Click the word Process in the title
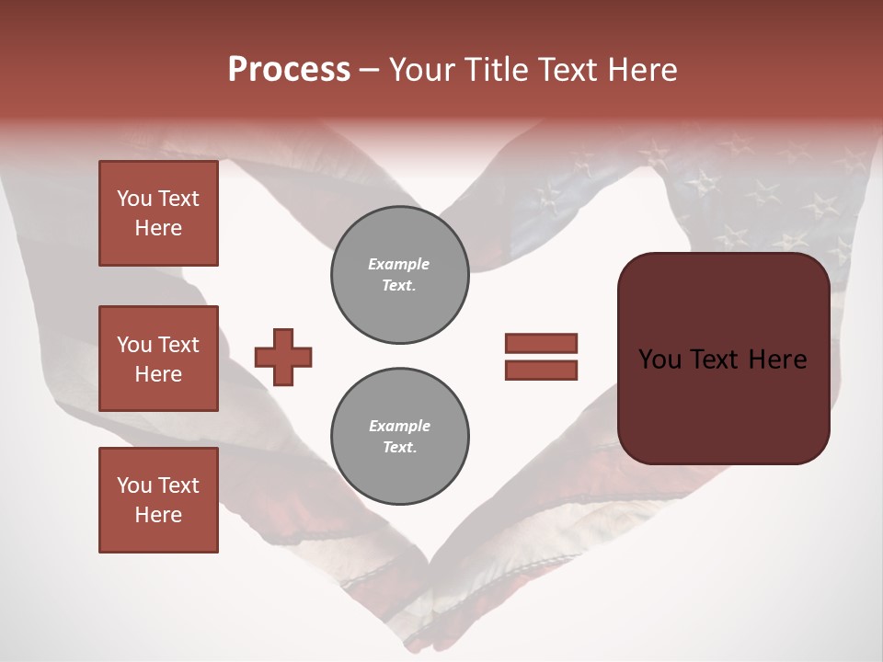point(289,70)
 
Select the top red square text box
point(158,213)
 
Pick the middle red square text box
point(158,359)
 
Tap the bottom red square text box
point(158,500)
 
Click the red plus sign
point(283,357)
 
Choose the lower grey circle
point(399,436)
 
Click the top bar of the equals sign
point(541,343)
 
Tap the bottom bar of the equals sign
point(541,370)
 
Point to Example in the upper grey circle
point(399,264)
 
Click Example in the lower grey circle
point(399,426)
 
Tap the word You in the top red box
point(134,199)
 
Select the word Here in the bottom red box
point(158,515)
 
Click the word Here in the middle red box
point(158,374)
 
